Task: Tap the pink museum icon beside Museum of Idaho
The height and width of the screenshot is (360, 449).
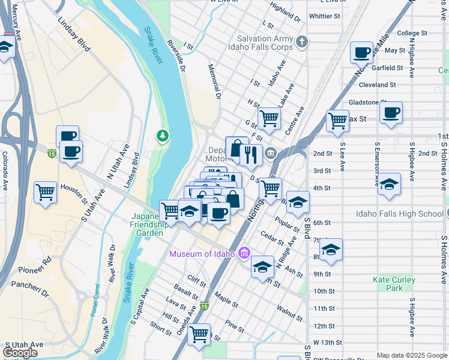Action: pos(244,253)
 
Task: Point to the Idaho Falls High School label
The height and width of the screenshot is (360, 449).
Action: pos(408,214)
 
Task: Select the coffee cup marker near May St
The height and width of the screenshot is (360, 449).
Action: pos(362,53)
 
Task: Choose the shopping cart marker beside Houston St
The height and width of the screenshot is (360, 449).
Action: pos(46,193)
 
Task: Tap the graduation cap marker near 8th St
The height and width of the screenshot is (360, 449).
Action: pos(330,249)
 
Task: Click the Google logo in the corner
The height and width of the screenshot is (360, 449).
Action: pos(20,353)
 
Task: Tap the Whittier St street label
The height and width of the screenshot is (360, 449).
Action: pos(324,16)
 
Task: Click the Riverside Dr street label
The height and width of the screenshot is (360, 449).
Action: pos(177,54)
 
